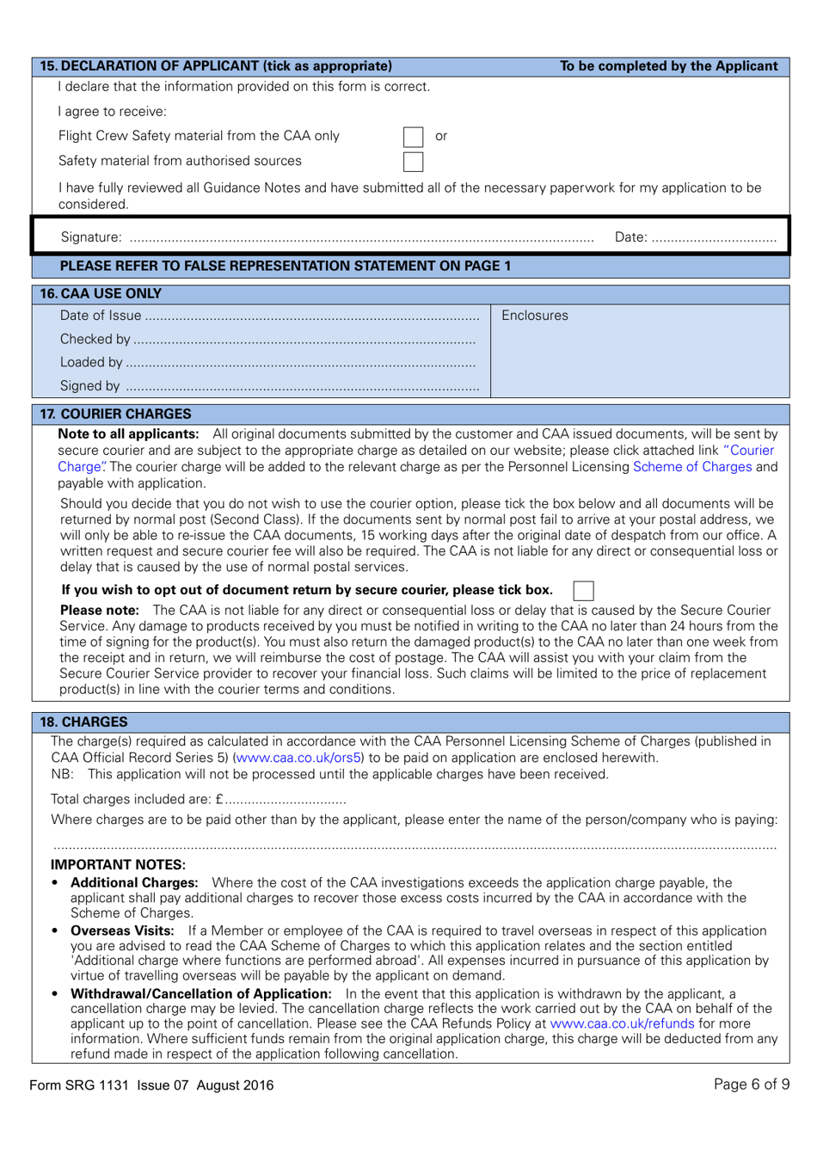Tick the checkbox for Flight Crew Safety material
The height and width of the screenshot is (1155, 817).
point(414,137)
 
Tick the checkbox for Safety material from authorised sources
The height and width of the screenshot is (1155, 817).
point(414,162)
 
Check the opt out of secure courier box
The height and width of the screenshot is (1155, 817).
point(583,590)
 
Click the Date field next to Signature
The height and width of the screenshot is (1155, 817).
point(714,238)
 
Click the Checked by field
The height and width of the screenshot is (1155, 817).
point(304,341)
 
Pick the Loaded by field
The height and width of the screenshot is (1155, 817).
point(300,364)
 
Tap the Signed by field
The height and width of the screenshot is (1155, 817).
point(301,387)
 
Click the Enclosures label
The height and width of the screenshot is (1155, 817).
point(535,316)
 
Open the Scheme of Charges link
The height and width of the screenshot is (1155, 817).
point(692,467)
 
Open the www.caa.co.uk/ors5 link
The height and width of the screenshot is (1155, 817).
point(298,758)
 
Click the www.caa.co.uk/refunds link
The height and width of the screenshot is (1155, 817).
point(622,1023)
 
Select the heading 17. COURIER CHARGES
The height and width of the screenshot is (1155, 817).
point(116,414)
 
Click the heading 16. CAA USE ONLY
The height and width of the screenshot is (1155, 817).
point(101,294)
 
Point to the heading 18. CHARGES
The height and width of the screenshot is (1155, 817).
point(84,722)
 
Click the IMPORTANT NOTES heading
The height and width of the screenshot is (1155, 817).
point(118,864)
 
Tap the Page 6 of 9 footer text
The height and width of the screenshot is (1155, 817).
point(751,1084)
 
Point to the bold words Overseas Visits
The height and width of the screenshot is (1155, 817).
point(122,931)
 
